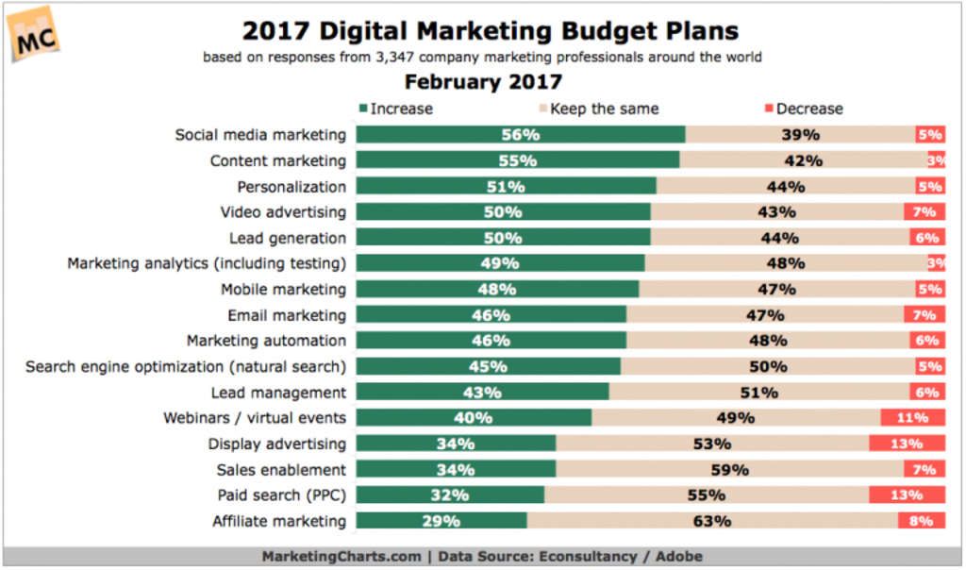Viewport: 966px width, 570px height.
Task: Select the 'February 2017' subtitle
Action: tap(483, 82)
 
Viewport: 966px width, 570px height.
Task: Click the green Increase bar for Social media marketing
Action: tap(521, 135)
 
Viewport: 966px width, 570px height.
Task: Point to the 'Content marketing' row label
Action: tap(277, 160)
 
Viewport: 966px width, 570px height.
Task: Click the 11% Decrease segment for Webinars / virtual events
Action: tap(913, 417)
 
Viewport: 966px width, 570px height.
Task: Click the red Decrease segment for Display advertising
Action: tap(908, 444)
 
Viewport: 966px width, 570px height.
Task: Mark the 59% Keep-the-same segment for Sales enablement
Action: tap(728, 469)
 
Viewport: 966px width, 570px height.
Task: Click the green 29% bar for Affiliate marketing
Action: tap(441, 520)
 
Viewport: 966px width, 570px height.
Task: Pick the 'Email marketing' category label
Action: tap(287, 315)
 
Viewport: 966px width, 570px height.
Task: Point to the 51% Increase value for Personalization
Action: tap(506, 187)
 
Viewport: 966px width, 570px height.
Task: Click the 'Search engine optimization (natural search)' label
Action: tap(186, 366)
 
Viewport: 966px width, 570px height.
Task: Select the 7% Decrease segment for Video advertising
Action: tap(924, 212)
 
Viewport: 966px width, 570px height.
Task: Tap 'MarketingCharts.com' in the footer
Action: tap(341, 556)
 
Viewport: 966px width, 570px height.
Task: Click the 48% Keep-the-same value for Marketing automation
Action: tap(767, 341)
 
